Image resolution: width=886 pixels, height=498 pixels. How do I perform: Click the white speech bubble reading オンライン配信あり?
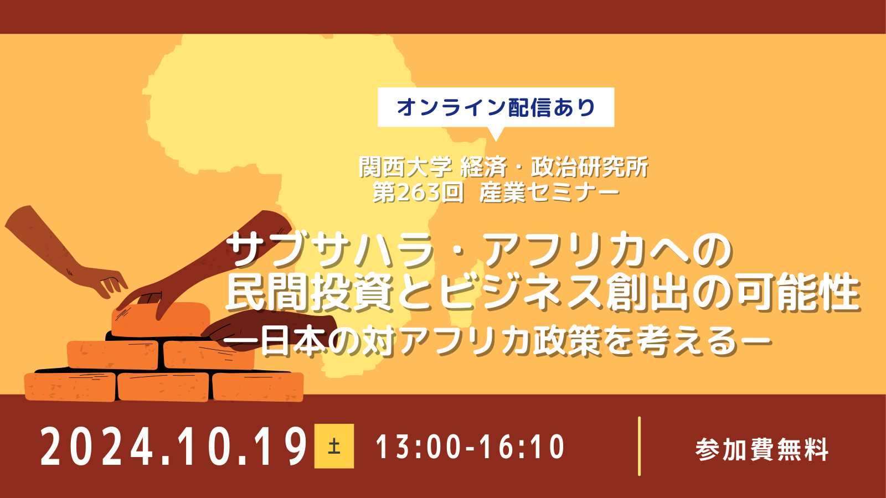point(496,107)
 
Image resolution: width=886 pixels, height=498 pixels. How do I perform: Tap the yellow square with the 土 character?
point(334,446)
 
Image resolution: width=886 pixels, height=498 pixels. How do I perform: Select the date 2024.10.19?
point(173,446)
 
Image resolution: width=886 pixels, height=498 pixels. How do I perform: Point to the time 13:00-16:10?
point(470,447)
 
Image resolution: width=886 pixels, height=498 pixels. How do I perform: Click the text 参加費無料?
point(762,449)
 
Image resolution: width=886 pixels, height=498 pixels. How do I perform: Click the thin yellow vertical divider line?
point(639,446)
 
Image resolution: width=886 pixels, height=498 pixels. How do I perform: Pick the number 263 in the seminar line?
point(418,193)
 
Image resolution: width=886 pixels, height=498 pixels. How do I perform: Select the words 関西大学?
point(405,167)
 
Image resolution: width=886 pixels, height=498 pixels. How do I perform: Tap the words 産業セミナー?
point(549,193)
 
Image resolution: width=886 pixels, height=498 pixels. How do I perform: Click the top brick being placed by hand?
point(160,320)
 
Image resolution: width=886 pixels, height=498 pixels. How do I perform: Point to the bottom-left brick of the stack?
point(70,387)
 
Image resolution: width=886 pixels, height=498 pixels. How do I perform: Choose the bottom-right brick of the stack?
point(258,387)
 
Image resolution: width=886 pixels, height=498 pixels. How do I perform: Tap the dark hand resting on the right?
point(269,330)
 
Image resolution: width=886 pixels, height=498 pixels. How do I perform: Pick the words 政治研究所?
point(589,167)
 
